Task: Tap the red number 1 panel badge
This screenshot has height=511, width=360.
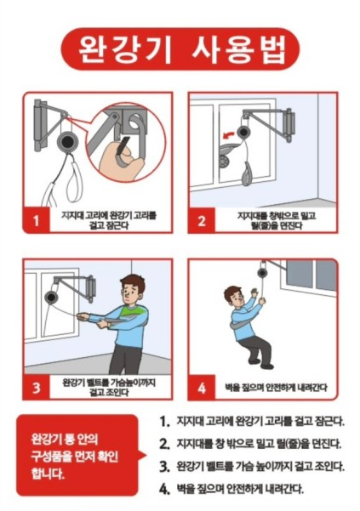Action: pos(37,220)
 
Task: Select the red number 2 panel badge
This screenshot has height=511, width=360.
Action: pos(202,220)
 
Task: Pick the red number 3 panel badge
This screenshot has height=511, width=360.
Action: pos(37,387)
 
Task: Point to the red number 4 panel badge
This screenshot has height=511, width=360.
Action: pos(202,387)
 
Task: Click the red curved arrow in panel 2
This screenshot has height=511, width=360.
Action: pos(228,134)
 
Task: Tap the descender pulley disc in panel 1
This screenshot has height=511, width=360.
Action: pos(68,140)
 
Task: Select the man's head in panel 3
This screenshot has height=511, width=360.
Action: pos(132,290)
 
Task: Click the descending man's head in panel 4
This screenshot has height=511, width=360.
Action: pos(234,296)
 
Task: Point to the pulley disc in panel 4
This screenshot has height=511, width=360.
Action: pos(262,272)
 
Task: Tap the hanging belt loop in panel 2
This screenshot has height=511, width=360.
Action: pos(247,173)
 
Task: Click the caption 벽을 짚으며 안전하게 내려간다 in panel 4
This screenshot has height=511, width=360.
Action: pos(276,387)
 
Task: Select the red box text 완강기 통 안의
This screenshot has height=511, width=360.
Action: pos(64,440)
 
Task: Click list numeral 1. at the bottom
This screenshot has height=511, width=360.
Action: pos(164,422)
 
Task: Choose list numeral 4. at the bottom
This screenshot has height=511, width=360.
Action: pos(164,489)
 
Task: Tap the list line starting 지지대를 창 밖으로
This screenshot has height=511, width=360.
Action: pos(260,444)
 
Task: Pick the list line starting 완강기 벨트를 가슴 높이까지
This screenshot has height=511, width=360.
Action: pos(260,466)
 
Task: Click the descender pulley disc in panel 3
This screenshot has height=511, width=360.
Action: pos(51,298)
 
